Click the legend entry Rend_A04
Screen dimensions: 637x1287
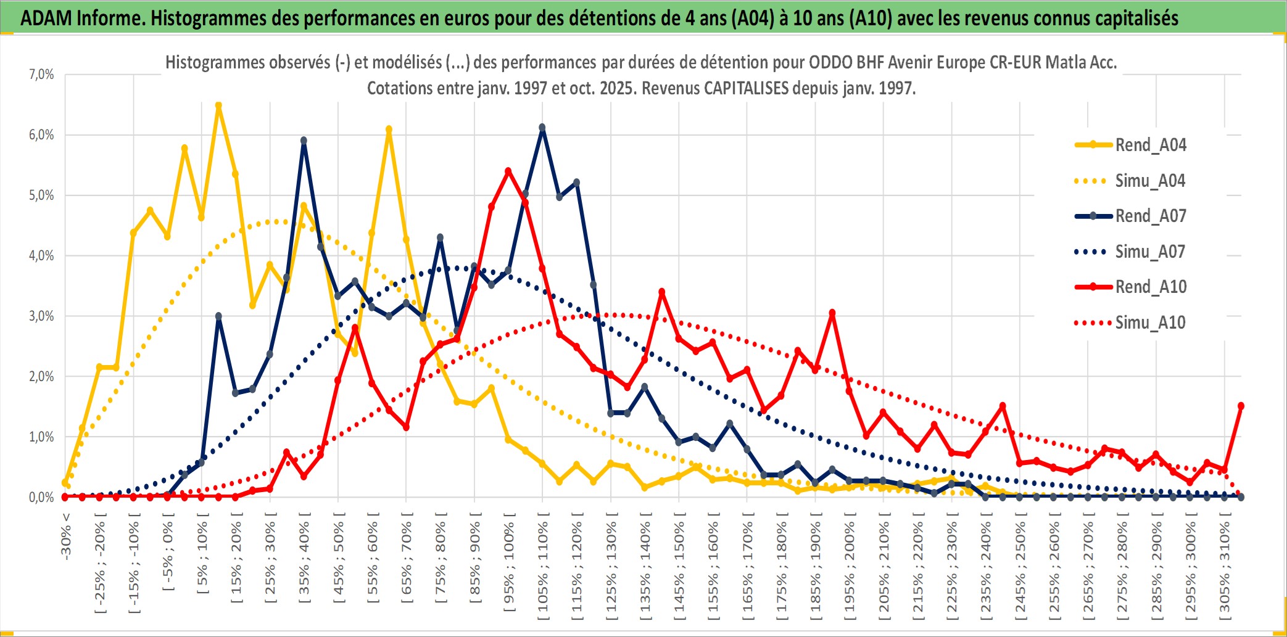pyautogui.click(x=1150, y=145)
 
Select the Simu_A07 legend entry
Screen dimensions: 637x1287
pyautogui.click(x=1150, y=252)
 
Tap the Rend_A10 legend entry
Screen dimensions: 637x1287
pyautogui.click(x=1150, y=287)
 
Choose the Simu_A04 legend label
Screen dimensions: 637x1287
pyautogui.click(x=1150, y=181)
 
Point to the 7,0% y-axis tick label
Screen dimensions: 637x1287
pyautogui.click(x=41, y=75)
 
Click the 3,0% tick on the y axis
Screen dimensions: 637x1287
pyautogui.click(x=41, y=316)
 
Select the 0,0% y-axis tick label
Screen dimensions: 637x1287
pyautogui.click(x=41, y=497)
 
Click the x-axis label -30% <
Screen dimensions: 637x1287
pyautogui.click(x=66, y=536)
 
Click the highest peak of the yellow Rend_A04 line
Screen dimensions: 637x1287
pyautogui.click(x=218, y=106)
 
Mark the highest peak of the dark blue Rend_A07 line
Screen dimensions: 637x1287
pyautogui.click(x=542, y=128)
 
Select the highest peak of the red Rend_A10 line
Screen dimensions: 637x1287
pyautogui.click(x=508, y=171)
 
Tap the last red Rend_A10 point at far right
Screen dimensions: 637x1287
pyautogui.click(x=1241, y=406)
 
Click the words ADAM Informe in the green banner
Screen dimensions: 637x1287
pyautogui.click(x=83, y=18)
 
